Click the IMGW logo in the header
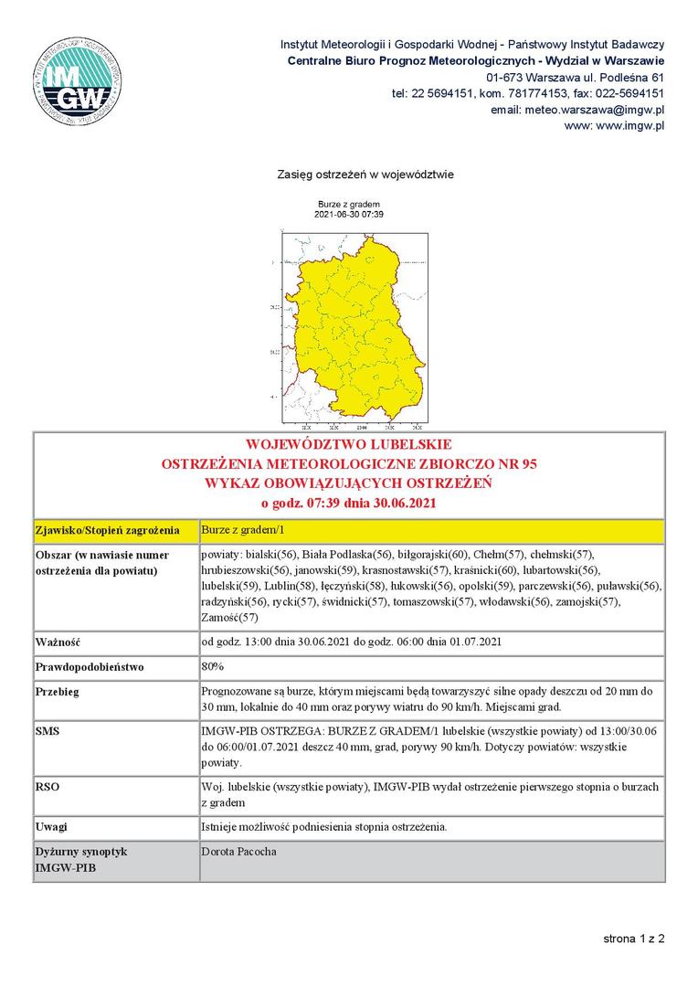tap(74, 80)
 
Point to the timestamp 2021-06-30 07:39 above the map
tap(348, 214)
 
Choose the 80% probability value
tap(213, 666)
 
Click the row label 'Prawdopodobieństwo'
tap(90, 667)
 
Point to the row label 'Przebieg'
tap(58, 692)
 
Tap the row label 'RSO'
tap(47, 786)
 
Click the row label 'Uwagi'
tap(52, 827)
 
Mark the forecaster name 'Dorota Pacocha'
tap(238, 852)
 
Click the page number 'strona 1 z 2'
tap(633, 938)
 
